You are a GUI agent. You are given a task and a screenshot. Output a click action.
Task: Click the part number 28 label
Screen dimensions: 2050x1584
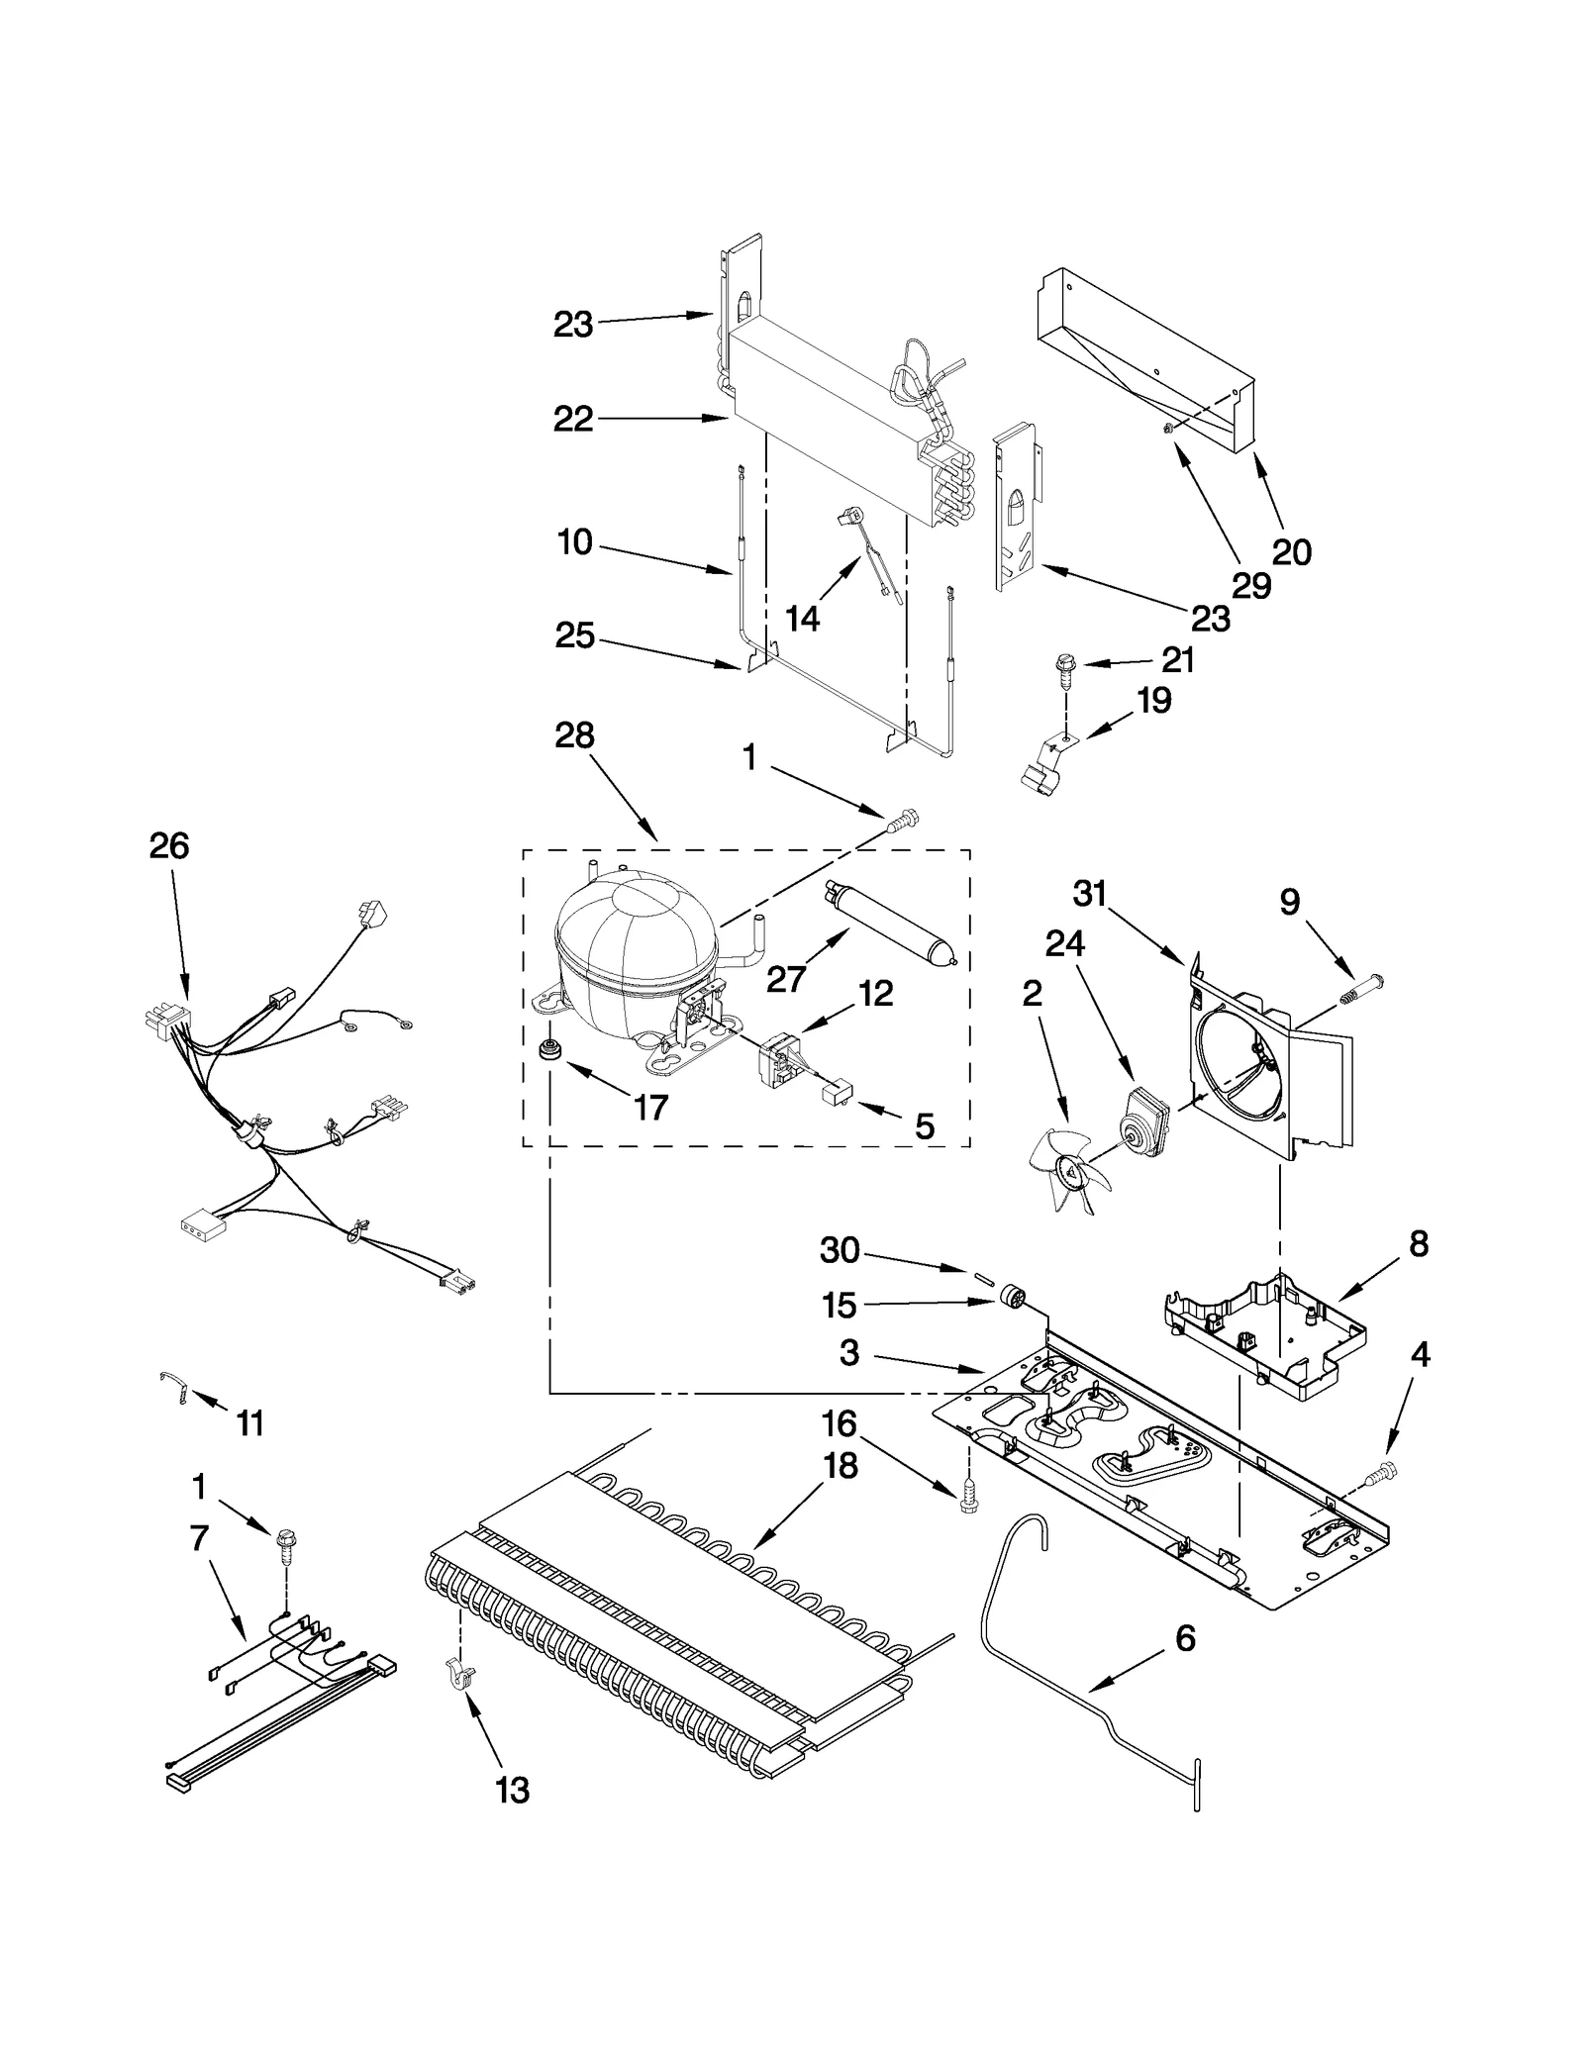coord(574,735)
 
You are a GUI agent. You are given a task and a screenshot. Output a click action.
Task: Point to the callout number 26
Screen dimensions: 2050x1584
coord(169,845)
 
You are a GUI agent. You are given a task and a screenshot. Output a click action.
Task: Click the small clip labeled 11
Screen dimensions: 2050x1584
coord(174,1387)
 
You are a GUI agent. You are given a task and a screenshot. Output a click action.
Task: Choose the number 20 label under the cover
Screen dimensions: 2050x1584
coord(1291,551)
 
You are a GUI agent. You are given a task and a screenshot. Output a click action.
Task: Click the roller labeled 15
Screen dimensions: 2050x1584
coord(1010,1297)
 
